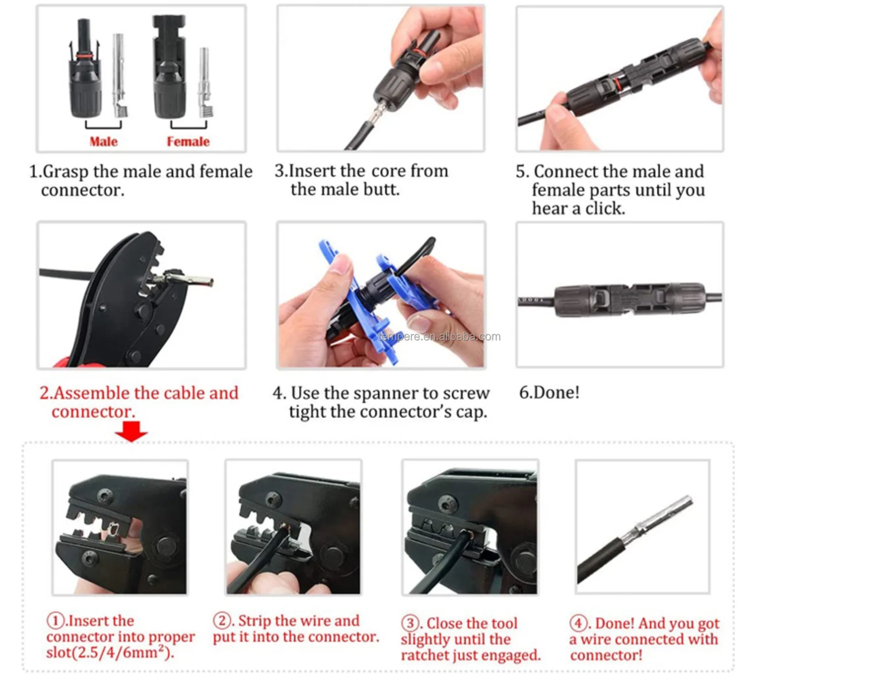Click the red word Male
(104, 141)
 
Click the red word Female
(188, 141)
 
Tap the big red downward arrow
(131, 431)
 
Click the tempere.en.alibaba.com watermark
(439, 337)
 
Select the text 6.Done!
(549, 392)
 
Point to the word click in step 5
(605, 208)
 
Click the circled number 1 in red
(56, 621)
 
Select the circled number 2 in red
(222, 621)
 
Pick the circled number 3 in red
(410, 623)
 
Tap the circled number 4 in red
(578, 623)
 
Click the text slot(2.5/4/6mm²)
(110, 653)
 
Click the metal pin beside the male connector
(120, 75)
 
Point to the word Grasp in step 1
(66, 172)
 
